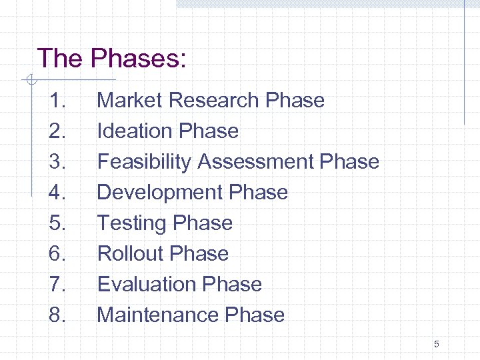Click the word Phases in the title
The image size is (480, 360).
pyautogui.click(x=138, y=59)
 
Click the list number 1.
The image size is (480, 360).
pyautogui.click(x=57, y=101)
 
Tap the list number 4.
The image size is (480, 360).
pyautogui.click(x=57, y=193)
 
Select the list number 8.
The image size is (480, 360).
pyautogui.click(x=57, y=315)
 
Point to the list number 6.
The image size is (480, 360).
pyautogui.click(x=57, y=254)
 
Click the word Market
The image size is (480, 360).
pyautogui.click(x=130, y=101)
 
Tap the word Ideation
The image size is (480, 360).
pyautogui.click(x=129, y=131)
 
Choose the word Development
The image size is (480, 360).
pyautogui.click(x=160, y=193)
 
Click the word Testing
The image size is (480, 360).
pyautogui.click(x=131, y=223)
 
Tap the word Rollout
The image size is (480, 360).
pyautogui.click(x=131, y=254)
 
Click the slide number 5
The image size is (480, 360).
pyautogui.click(x=436, y=345)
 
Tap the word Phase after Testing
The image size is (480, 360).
pyautogui.click(x=203, y=223)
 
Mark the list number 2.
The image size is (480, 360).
pyautogui.click(x=57, y=131)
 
